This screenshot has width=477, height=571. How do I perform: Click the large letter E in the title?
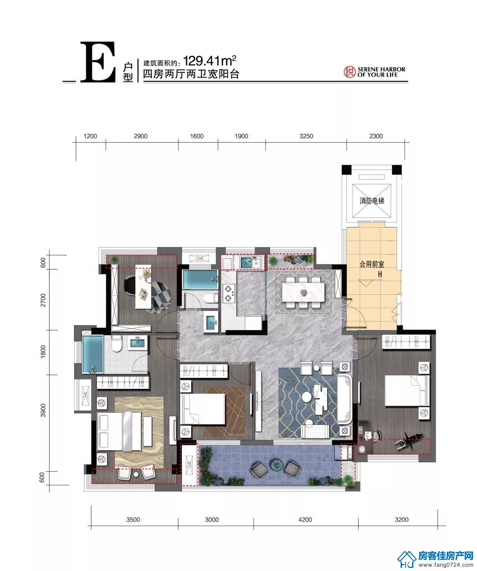tap(98, 62)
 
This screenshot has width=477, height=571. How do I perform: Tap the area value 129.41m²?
tap(210, 61)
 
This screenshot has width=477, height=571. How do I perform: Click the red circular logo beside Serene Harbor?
tap(349, 72)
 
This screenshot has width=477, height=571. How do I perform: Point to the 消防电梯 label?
tap(371, 201)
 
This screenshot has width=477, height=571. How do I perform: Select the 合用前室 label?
tap(371, 264)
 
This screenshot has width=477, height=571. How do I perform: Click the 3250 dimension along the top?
tap(306, 136)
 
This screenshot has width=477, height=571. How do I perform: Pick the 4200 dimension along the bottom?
tap(305, 519)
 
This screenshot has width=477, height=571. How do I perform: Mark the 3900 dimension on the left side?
tap(43, 410)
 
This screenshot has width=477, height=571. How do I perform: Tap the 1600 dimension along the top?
tap(197, 136)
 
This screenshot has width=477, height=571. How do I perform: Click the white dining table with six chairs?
tap(303, 292)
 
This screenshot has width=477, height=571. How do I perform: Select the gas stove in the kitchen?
tap(229, 293)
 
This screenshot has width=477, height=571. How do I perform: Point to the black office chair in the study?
tap(129, 285)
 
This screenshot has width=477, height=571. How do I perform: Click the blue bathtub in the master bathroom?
tap(93, 354)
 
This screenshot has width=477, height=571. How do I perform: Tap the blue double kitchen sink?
tap(250, 262)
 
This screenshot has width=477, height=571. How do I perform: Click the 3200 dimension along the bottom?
tap(401, 519)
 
